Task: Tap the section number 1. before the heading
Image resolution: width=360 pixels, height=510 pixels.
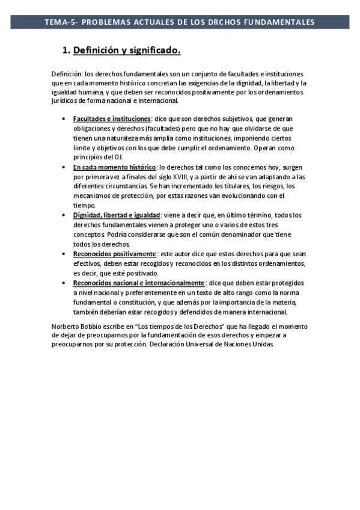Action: point(67,51)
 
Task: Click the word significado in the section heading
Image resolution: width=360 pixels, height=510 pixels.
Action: point(154,51)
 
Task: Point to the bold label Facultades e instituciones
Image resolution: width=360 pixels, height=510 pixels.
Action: point(112,119)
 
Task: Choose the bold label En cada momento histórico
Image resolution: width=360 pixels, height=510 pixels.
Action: point(115,167)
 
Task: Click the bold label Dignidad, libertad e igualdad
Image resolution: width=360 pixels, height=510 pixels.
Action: point(117,215)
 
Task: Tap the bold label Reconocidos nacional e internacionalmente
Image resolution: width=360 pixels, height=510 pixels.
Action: point(139,283)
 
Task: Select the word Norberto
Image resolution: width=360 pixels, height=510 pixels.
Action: point(66,325)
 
